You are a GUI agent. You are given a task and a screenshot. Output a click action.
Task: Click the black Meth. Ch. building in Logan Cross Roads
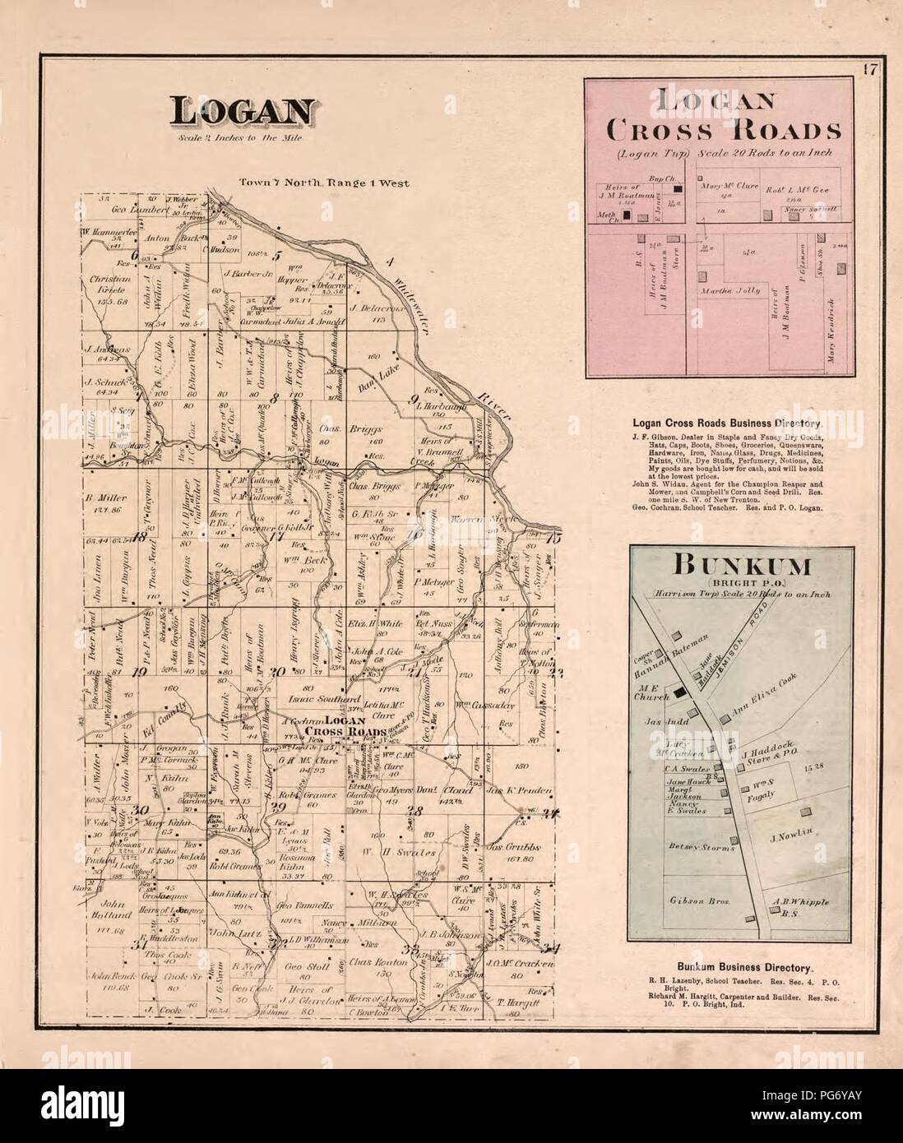pos(627,215)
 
